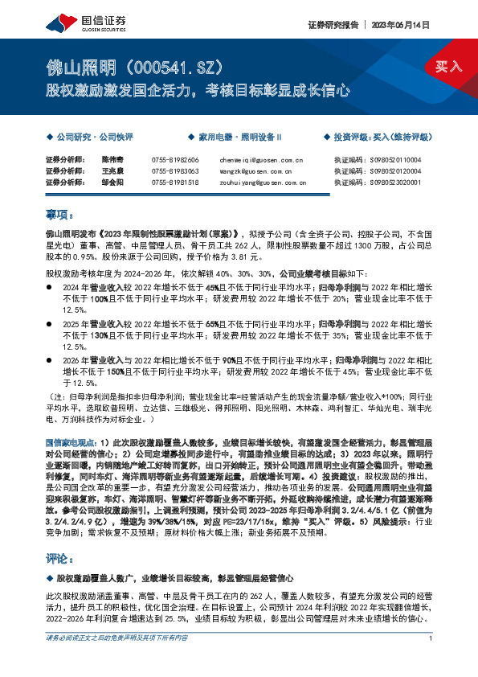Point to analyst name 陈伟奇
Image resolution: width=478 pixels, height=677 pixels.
point(112,159)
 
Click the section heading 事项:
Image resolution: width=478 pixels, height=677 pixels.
point(59,214)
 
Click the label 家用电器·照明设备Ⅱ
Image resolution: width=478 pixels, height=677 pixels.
point(234,138)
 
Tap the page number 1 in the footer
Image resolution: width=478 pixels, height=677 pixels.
point(431,661)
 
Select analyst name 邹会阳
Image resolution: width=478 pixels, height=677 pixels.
point(112,182)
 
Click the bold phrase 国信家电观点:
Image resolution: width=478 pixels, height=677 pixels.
point(71,443)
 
